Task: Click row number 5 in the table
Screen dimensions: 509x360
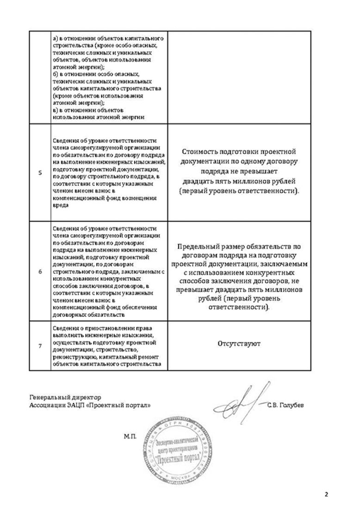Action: coord(39,173)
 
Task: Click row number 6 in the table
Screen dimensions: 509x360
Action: coord(39,272)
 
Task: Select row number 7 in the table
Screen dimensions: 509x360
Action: coord(39,345)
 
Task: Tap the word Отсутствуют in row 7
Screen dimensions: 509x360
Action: coord(239,344)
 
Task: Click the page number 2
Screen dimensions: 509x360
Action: coord(326,494)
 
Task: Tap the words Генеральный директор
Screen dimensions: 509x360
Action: coord(64,397)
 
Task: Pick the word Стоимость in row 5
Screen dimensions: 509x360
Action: coord(199,152)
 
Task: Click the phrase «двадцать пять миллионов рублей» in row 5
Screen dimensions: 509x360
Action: coord(239,181)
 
